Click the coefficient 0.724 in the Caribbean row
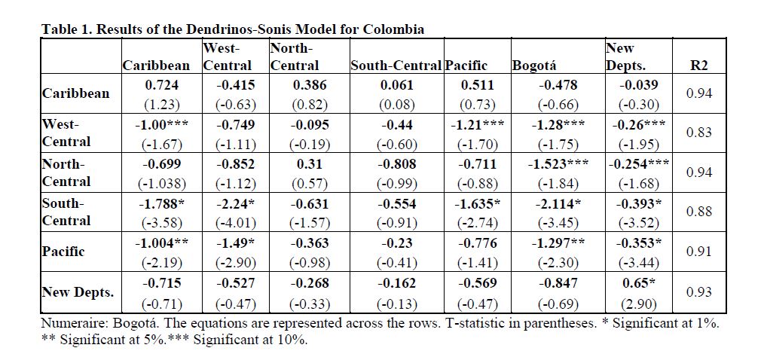click(162, 85)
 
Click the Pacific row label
click(63, 252)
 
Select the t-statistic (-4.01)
click(235, 223)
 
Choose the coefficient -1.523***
click(558, 165)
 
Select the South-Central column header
click(396, 66)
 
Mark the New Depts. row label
click(71, 292)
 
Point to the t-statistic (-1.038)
click(162, 183)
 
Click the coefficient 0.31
click(309, 165)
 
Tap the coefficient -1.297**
click(558, 243)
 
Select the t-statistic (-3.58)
click(162, 223)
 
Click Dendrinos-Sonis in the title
click(220, 29)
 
